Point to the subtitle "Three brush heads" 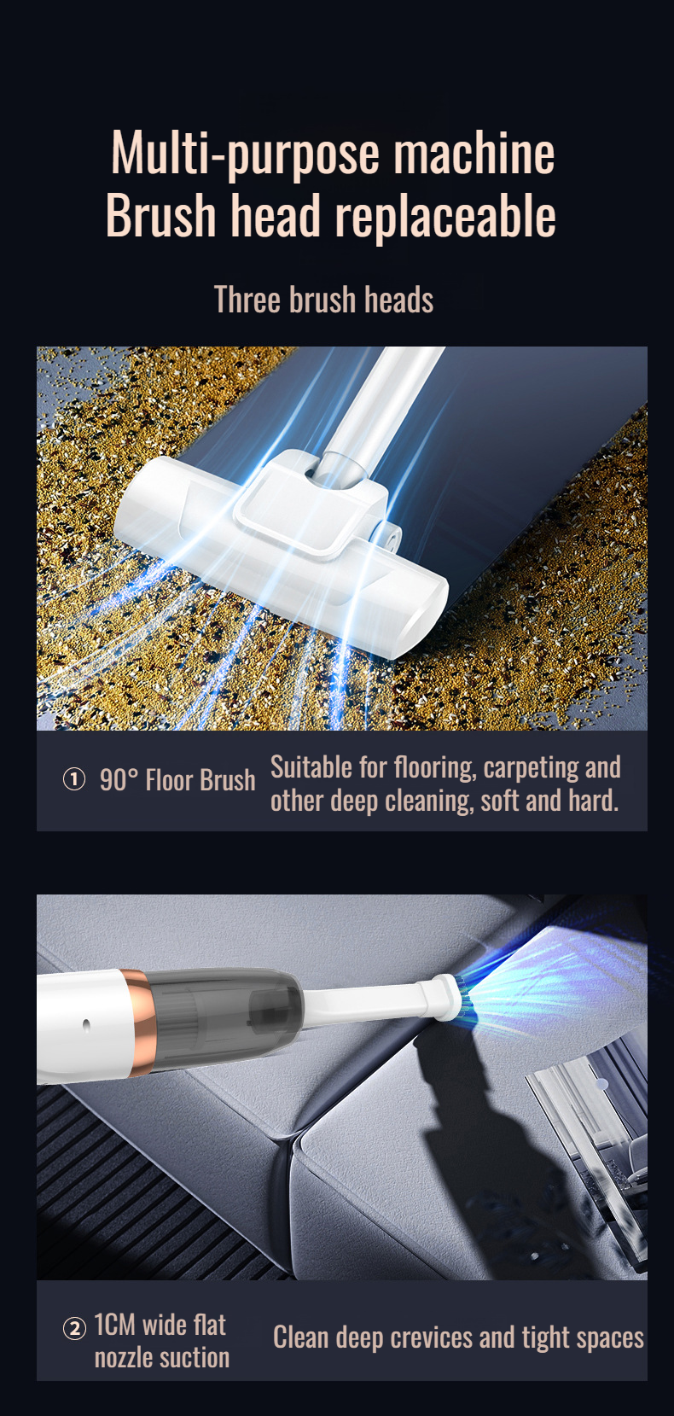point(323,300)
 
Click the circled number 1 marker point(74,779)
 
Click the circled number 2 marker point(74,1329)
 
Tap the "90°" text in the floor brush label point(118,780)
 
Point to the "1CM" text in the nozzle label point(115,1325)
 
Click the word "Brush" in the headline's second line point(160,216)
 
